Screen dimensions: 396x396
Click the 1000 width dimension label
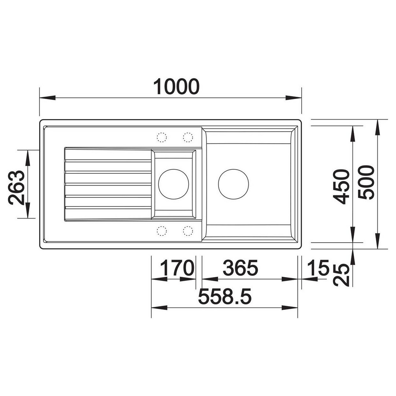point(176,87)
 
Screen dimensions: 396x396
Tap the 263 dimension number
point(16,187)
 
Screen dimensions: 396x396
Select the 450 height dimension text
point(341,187)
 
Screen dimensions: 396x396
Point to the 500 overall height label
point(366,183)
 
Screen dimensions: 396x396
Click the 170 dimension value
point(177,268)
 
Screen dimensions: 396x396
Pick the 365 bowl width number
point(240,268)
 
